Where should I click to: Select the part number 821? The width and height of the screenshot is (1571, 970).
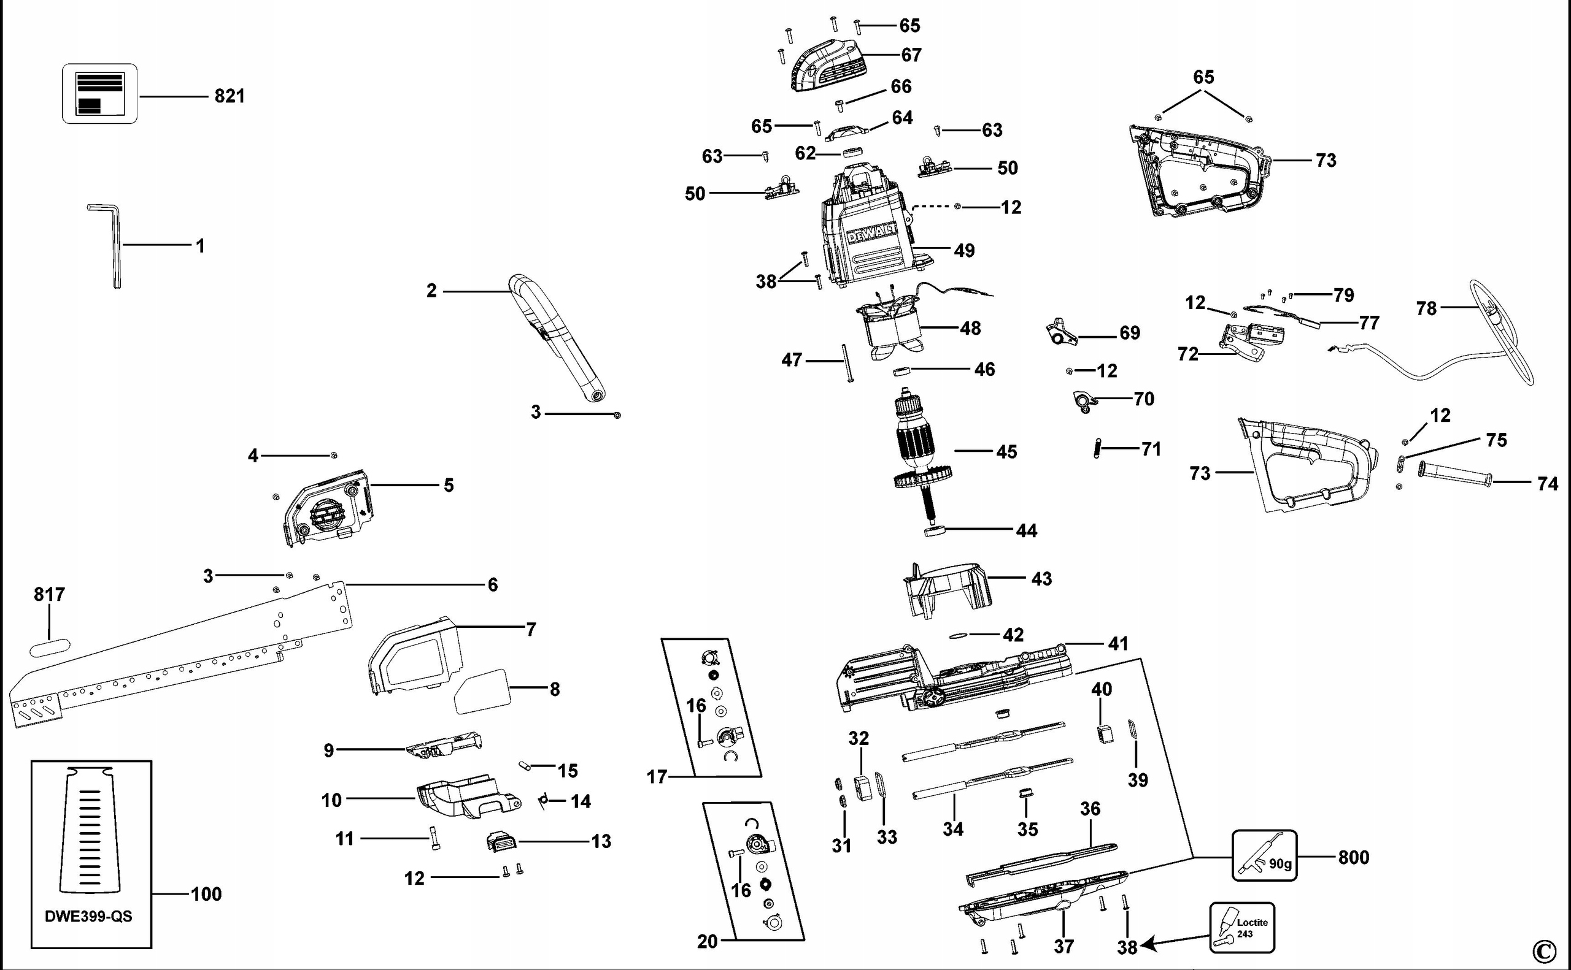tap(229, 96)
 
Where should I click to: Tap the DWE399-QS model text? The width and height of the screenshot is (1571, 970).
tap(88, 916)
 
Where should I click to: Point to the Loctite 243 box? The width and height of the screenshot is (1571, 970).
tap(1241, 928)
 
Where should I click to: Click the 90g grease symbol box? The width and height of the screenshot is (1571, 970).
tap(1264, 855)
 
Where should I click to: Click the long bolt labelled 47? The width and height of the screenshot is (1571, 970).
tap(846, 363)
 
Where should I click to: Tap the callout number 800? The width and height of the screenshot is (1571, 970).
tap(1353, 857)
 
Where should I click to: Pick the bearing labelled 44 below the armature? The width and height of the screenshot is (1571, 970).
tap(934, 530)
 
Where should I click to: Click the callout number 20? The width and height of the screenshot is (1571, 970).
tap(707, 941)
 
